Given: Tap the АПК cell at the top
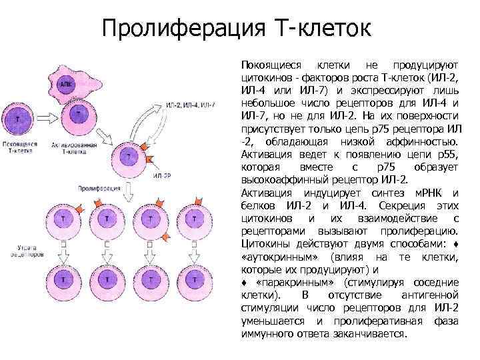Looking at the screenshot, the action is coord(65,85).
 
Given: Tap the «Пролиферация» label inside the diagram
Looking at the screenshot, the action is coord(95,189).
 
